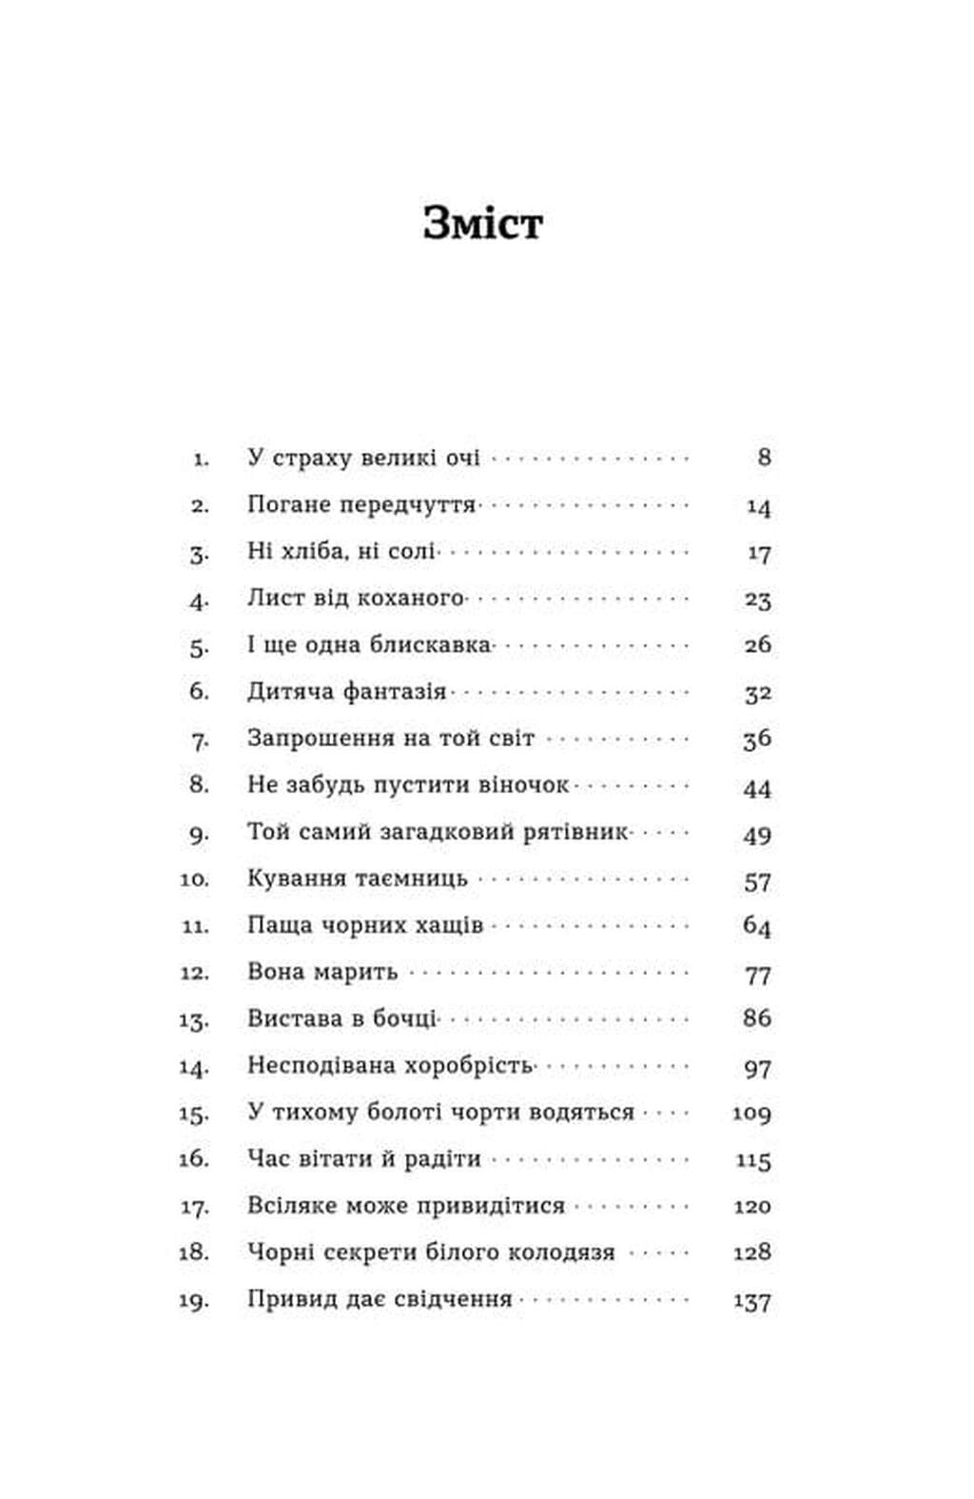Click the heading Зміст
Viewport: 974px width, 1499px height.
coord(482,224)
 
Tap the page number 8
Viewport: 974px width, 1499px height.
coord(764,458)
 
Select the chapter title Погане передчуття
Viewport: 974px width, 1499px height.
coord(361,504)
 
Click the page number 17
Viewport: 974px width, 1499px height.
coord(758,552)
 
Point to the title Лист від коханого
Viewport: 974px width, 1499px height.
coord(356,599)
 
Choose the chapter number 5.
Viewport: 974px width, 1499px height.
coord(198,646)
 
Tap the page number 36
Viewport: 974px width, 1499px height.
coord(757,739)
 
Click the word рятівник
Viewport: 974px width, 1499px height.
coord(575,833)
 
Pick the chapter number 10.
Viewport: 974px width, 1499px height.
coord(194,879)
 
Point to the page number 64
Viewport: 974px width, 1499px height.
coord(757,925)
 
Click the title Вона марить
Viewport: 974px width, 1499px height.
coord(322,973)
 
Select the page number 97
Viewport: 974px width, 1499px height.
coord(757,1067)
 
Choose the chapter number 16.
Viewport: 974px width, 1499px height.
coord(193,1159)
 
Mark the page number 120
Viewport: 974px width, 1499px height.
coord(751,1206)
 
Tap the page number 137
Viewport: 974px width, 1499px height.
coord(751,1300)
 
